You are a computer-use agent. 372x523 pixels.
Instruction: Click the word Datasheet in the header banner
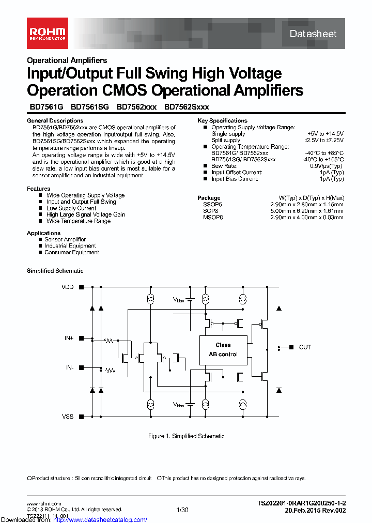tap(313, 34)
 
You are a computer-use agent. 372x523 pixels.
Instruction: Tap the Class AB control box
tap(223, 349)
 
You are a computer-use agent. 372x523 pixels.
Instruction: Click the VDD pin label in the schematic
tap(68, 287)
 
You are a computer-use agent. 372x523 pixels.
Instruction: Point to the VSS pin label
tap(68, 417)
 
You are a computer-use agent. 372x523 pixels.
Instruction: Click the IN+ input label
tap(69, 338)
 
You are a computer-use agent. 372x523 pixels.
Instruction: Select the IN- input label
tap(69, 367)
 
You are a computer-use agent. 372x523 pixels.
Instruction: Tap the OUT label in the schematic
tap(305, 347)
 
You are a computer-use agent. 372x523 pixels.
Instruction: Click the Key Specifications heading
tap(222, 120)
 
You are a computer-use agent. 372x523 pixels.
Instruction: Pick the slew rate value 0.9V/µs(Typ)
tap(327, 166)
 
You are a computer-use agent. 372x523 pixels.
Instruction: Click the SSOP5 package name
tap(212, 205)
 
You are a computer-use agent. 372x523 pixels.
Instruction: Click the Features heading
tap(38, 189)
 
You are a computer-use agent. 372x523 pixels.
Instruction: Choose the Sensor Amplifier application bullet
tap(65, 240)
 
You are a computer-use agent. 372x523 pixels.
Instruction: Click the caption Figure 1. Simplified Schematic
tap(186, 436)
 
